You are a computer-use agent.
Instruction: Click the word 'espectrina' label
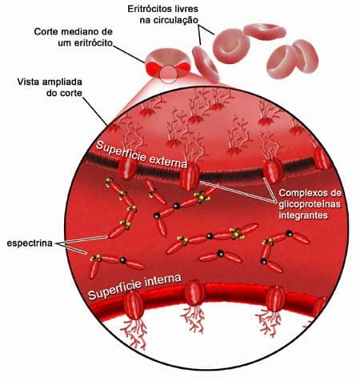[30, 243]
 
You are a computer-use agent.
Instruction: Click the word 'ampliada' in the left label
[63, 82]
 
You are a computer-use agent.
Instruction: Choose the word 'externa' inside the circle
[167, 161]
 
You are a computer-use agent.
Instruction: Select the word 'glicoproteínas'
[310, 204]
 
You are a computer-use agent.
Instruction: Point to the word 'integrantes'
[303, 215]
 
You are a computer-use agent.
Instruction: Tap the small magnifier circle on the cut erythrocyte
[168, 74]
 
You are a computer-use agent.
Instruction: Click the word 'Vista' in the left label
[29, 82]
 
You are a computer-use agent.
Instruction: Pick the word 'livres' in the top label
[188, 9]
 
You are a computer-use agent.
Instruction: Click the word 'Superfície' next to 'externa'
[120, 150]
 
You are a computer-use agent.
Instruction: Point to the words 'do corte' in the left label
[64, 93]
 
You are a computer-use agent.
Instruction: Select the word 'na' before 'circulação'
[144, 21]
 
